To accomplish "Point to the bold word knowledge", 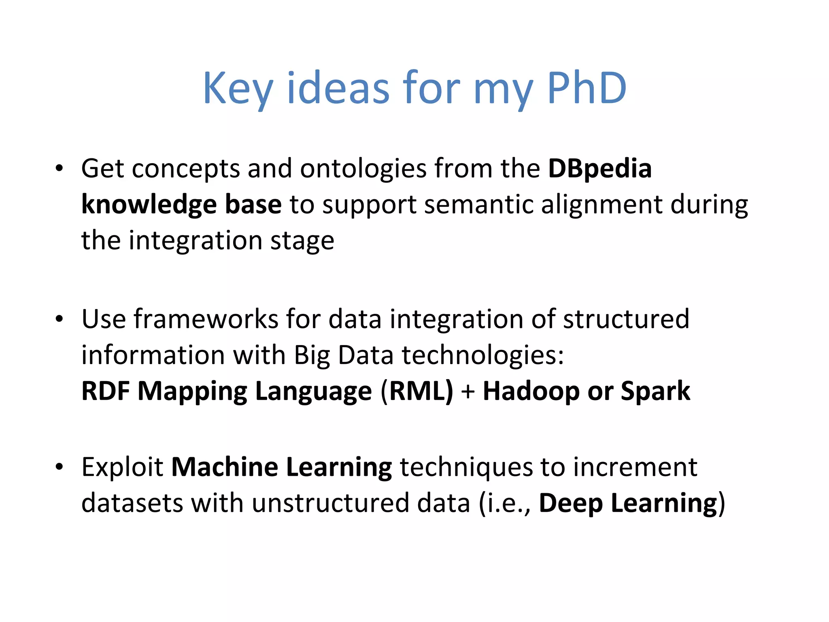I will pos(149,204).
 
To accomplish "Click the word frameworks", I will pos(206,319).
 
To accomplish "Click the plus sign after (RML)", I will pos(468,392).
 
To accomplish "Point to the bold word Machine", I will pos(225,467).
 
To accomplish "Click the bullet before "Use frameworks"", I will pos(60,319).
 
